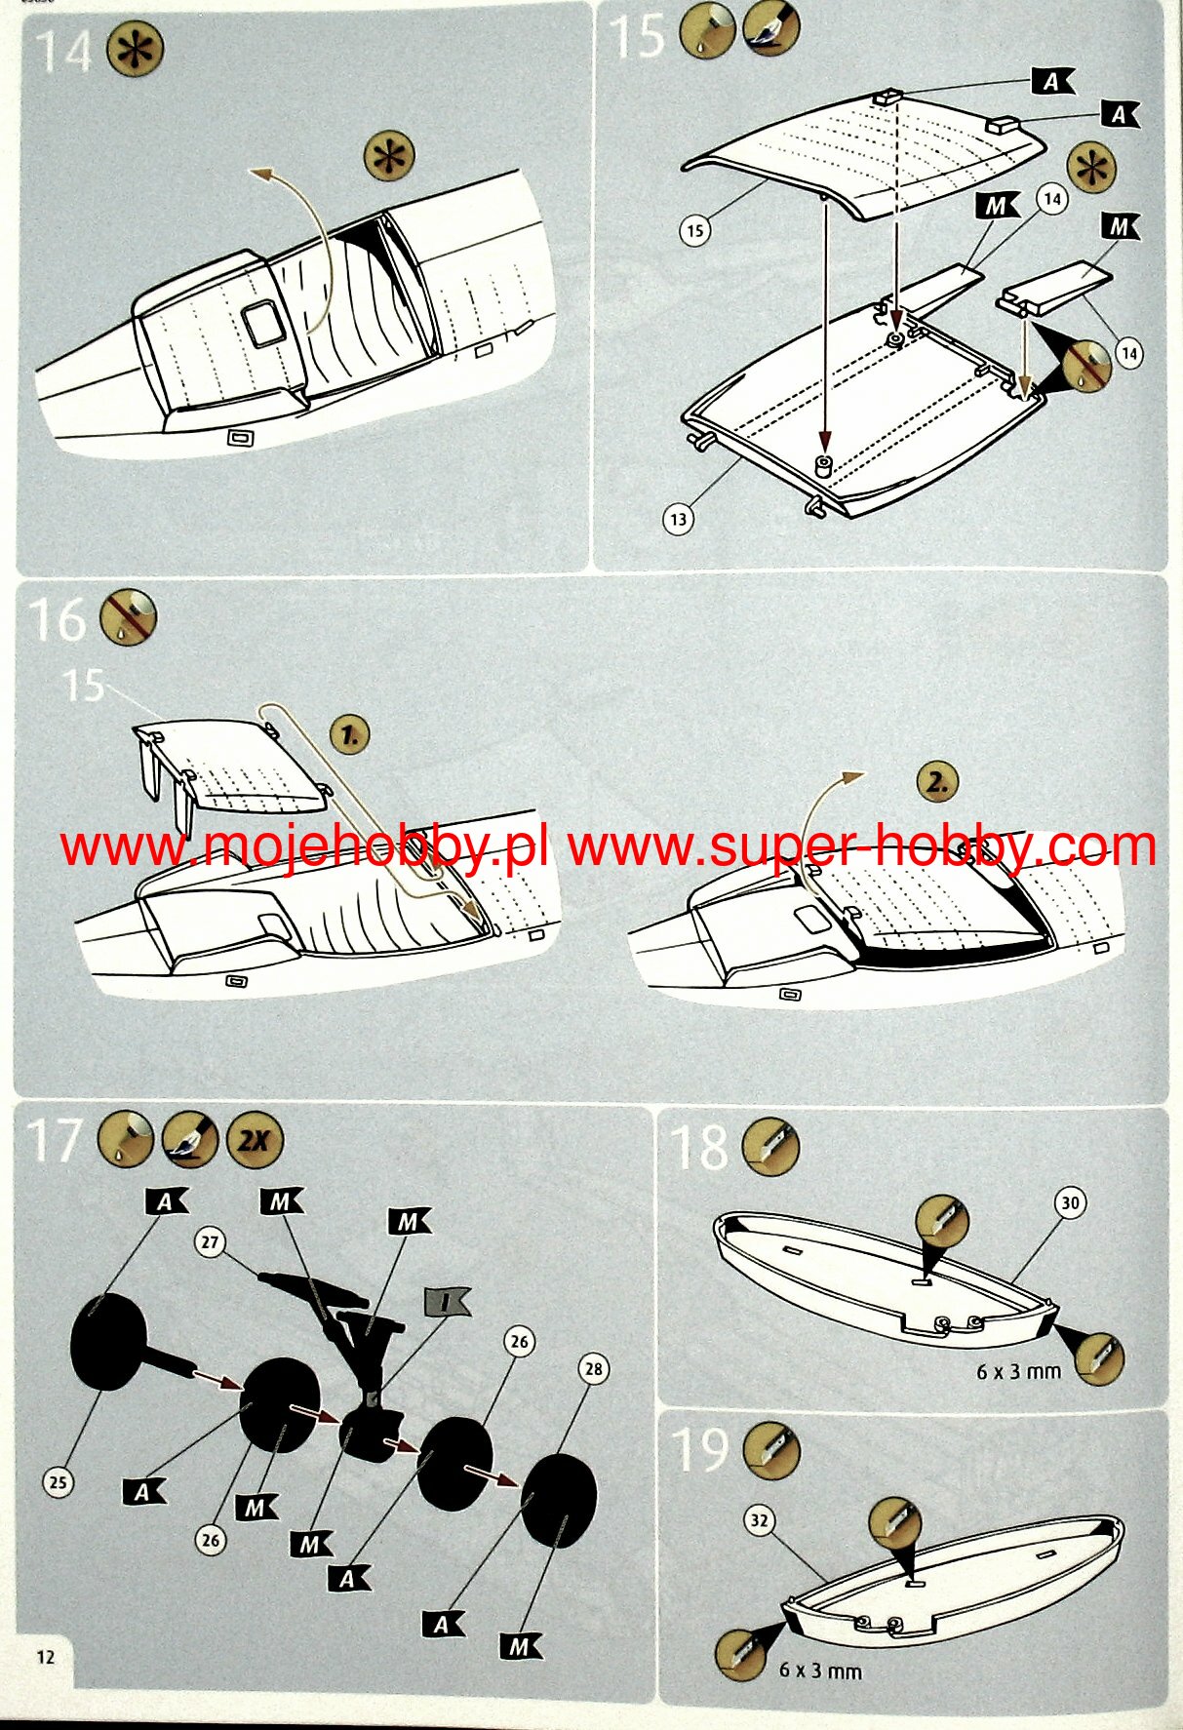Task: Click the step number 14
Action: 64,52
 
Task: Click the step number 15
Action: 637,37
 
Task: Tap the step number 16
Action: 58,619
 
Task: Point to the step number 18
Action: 699,1148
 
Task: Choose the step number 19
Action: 700,1449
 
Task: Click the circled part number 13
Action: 679,519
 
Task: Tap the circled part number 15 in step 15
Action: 694,231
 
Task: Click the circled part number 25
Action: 59,1482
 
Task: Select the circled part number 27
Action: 211,1241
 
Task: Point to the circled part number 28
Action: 594,1368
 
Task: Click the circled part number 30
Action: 1070,1202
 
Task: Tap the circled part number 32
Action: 760,1520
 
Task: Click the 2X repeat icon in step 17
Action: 255,1139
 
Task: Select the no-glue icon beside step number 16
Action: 129,617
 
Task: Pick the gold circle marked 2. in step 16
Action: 937,782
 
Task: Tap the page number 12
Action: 46,1657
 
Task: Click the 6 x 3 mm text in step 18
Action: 1018,1371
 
